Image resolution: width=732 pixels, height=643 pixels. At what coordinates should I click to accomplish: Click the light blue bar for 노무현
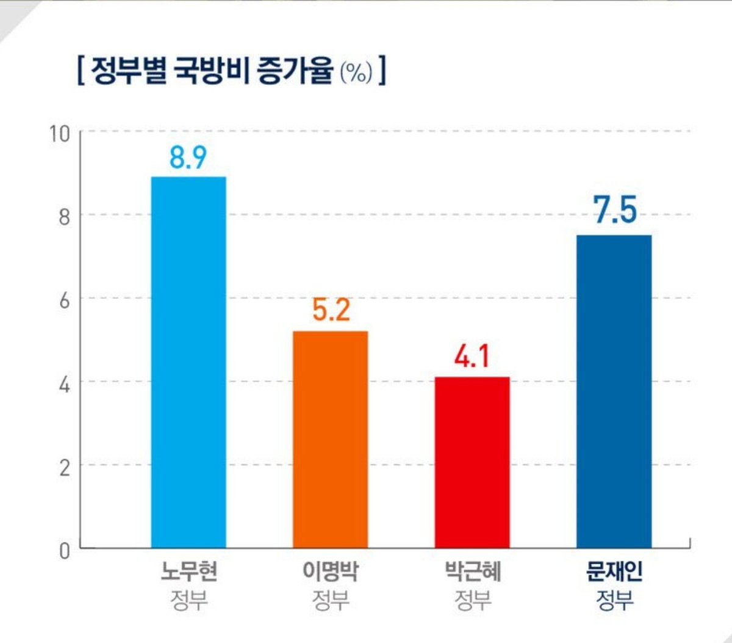point(188,362)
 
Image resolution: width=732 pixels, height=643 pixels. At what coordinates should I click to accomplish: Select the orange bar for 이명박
point(330,440)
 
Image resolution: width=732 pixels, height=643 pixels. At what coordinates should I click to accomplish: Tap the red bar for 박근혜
point(472,462)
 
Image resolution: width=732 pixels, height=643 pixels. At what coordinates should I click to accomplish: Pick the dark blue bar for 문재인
point(614,391)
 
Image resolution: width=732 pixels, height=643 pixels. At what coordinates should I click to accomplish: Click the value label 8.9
point(188,158)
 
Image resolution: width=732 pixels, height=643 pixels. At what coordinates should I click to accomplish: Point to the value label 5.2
point(331,310)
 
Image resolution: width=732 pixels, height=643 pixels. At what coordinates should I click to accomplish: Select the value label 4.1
point(472,356)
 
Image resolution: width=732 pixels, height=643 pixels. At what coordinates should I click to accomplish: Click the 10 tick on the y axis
point(60,134)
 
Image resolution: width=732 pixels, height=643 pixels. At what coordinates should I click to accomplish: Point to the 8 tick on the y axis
point(64,217)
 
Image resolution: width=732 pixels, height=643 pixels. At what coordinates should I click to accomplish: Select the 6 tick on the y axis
point(64,301)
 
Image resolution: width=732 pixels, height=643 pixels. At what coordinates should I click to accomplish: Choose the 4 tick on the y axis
point(64,385)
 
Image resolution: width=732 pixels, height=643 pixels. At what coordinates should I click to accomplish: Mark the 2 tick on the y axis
point(64,468)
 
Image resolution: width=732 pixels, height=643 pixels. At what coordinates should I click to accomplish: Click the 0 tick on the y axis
point(64,551)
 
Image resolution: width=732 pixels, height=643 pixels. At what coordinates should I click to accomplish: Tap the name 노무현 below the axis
point(188,572)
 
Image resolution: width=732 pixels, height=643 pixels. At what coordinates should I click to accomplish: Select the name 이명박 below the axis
point(330,572)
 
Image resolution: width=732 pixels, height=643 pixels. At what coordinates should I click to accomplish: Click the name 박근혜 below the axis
point(473,572)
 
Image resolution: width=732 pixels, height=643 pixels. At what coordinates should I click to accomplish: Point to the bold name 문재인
point(614,572)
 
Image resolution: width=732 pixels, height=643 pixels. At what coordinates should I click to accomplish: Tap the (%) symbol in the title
point(356,73)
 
